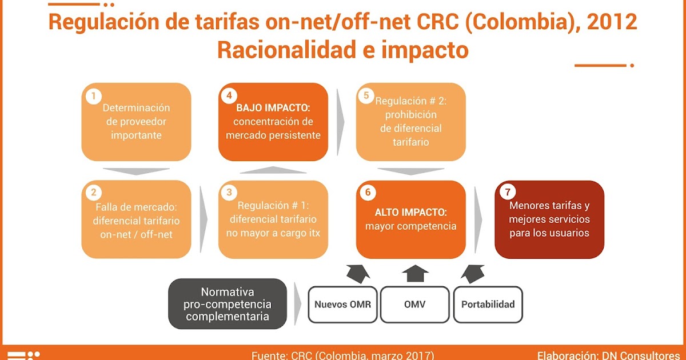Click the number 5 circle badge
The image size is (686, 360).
366,95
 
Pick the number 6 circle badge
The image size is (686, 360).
367,193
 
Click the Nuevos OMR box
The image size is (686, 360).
342,305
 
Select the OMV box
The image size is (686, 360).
415,305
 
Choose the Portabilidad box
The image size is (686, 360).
488,305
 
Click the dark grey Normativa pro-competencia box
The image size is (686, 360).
228,304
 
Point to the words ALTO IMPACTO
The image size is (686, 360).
410,212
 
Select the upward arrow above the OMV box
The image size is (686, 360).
415,274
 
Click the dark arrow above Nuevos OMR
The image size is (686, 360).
358,274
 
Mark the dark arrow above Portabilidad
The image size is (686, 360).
473,274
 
